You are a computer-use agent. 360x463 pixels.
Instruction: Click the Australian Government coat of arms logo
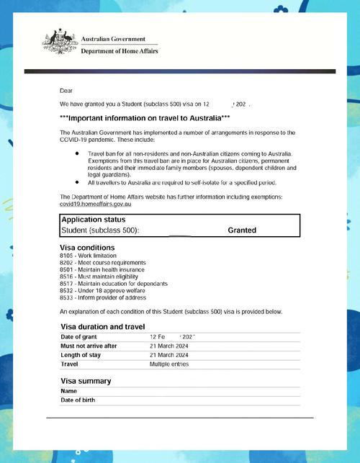pyautogui.click(x=59, y=41)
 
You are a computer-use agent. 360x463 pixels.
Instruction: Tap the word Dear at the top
pyautogui.click(x=66, y=91)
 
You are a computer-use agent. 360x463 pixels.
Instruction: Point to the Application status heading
pyautogui.click(x=94, y=220)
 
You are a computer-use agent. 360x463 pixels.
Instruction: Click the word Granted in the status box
pyautogui.click(x=242, y=230)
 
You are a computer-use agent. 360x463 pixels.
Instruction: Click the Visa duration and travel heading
pyautogui.click(x=103, y=327)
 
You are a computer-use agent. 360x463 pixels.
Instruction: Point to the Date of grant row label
pyautogui.click(x=81, y=337)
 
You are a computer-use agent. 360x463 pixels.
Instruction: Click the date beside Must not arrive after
pyautogui.click(x=169, y=346)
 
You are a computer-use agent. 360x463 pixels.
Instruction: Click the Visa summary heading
pyautogui.click(x=86, y=381)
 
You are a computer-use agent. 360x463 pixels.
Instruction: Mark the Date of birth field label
pyautogui.click(x=78, y=400)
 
